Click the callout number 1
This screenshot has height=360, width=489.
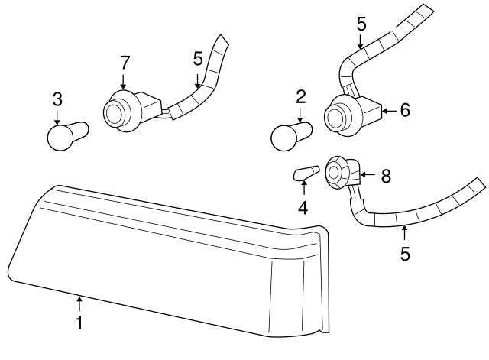pyautogui.click(x=79, y=323)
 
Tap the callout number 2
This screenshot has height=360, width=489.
pyautogui.click(x=300, y=97)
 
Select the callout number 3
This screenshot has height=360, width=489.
pyautogui.click(x=57, y=99)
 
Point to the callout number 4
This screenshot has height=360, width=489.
pyautogui.click(x=303, y=207)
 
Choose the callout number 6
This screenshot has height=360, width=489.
pyautogui.click(x=405, y=110)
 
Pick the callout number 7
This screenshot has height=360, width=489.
pyautogui.click(x=125, y=63)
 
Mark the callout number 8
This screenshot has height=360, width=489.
pyautogui.click(x=386, y=176)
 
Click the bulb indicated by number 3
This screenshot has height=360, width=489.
pyautogui.click(x=68, y=136)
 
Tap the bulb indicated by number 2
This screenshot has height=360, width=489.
pyautogui.click(x=292, y=137)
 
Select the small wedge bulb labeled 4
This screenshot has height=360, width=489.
pyautogui.click(x=306, y=174)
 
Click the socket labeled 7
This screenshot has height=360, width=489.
pyautogui.click(x=131, y=111)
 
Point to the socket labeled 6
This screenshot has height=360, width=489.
pyautogui.click(x=353, y=115)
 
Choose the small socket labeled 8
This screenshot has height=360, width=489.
pyautogui.click(x=343, y=174)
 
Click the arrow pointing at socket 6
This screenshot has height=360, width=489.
pyautogui.click(x=389, y=111)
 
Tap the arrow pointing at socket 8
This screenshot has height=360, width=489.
pyautogui.click(x=368, y=175)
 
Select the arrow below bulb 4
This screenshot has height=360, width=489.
pyautogui.click(x=304, y=188)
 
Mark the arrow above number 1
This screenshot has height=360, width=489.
pyautogui.click(x=79, y=303)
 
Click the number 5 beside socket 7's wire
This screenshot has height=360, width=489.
pyautogui.click(x=198, y=59)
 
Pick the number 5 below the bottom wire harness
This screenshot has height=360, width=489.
pyautogui.click(x=405, y=253)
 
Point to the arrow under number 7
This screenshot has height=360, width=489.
pyautogui.click(x=124, y=82)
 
